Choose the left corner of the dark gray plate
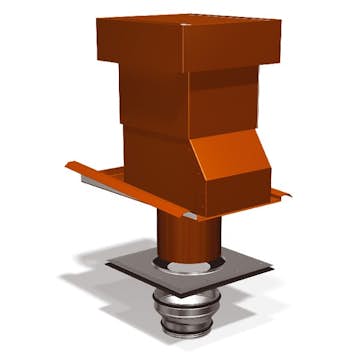pos(108,262)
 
